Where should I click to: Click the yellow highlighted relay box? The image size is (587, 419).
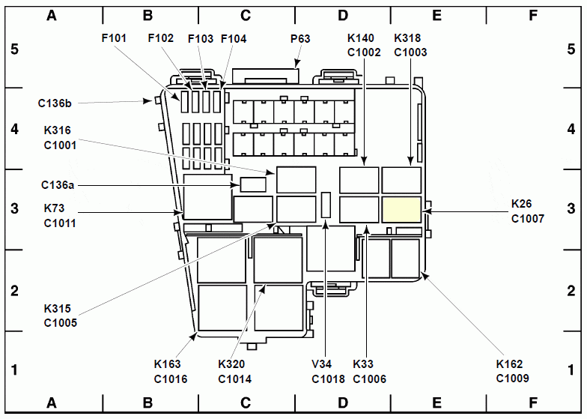[x=401, y=210]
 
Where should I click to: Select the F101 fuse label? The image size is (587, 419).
[x=114, y=38]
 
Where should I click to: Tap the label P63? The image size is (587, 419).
[x=300, y=39]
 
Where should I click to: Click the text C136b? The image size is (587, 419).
[x=55, y=103]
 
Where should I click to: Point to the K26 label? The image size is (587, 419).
[x=521, y=204]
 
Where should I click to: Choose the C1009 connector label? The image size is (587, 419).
[x=512, y=379]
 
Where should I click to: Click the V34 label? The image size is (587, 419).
[x=322, y=364]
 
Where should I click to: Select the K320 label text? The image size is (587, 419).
[x=231, y=364]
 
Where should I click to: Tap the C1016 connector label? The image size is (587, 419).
[x=171, y=379]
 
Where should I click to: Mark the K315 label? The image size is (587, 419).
[x=57, y=309]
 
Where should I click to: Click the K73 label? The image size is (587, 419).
[x=54, y=208]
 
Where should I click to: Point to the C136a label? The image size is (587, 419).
[x=58, y=184]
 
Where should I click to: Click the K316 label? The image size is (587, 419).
[x=57, y=130]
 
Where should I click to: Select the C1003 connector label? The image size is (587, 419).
[x=410, y=52]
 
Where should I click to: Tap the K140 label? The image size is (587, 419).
[x=361, y=37]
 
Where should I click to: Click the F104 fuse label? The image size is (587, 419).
[x=234, y=39]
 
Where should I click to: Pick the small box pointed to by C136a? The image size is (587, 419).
[x=253, y=184]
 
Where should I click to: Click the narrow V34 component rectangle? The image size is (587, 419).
[x=326, y=205]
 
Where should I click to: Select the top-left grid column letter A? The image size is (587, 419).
[x=52, y=15]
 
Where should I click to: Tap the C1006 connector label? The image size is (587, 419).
[x=370, y=379]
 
